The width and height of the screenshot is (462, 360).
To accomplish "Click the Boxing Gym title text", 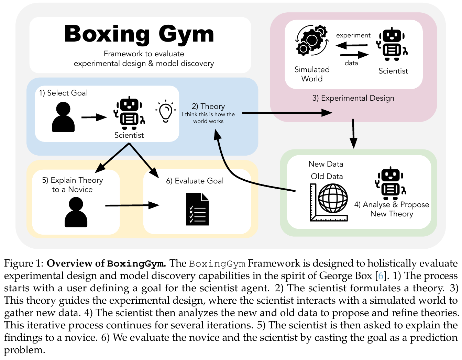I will click(139, 34).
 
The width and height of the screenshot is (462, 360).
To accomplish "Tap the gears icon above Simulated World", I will click(311, 41).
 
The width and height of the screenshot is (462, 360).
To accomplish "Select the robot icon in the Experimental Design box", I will click(392, 44).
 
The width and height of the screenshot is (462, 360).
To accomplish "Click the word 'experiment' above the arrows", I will click(353, 35).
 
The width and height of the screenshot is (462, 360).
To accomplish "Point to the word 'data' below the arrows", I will click(351, 63).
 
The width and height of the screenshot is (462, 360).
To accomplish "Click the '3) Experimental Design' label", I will click(353, 98).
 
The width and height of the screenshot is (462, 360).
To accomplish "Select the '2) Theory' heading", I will click(208, 106).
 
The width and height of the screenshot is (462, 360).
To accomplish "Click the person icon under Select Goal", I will click(63, 117).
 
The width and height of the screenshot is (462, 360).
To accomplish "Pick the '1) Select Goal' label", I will click(63, 93).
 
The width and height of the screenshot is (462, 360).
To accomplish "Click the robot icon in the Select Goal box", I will click(129, 112).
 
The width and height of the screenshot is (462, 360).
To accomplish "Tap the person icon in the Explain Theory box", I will click(76, 213).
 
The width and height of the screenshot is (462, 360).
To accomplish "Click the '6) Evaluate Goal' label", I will click(195, 181).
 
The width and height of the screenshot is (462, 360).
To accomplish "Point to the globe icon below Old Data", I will click(332, 199).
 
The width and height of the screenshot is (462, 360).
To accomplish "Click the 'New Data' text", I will click(326, 164).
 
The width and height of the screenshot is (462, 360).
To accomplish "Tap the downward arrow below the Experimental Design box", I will click(353, 134).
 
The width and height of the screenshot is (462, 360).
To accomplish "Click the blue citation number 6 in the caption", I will click(381, 276).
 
